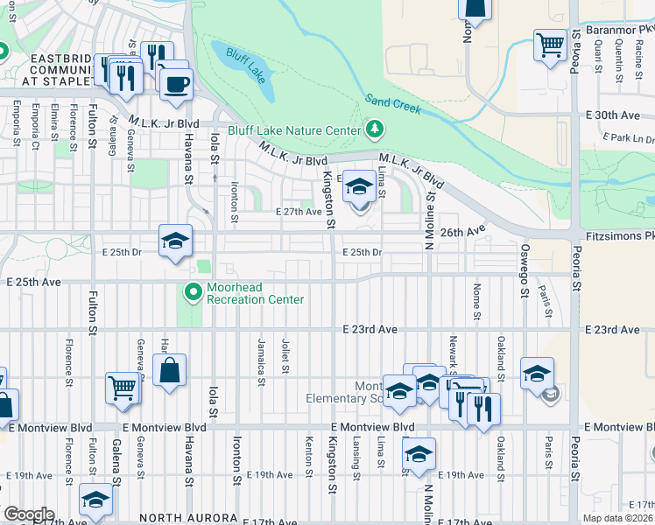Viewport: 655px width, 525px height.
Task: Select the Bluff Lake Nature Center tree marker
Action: tap(376, 130)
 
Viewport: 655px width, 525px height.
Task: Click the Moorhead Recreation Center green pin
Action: tap(193, 290)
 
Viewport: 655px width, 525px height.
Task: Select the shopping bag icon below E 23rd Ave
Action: tap(170, 369)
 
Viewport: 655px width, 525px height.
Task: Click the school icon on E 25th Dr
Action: tap(175, 241)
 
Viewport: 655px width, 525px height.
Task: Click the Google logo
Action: tap(28, 514)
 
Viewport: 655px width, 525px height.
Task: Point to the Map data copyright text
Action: tap(616, 518)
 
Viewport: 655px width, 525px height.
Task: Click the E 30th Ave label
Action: tap(618, 115)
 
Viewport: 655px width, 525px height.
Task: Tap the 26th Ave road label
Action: tap(462, 232)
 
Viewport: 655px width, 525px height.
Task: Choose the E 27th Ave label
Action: tap(299, 212)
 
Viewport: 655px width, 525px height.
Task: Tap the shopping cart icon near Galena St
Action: tap(123, 387)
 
